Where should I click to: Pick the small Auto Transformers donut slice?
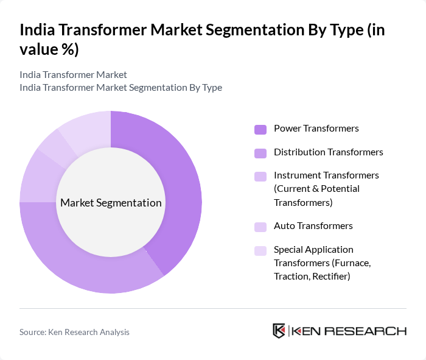(54, 146)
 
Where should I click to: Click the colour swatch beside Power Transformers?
(260, 129)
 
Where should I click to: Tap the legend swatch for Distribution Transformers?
(260, 152)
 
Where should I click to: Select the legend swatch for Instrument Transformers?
(260, 176)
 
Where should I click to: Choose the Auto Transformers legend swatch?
(260, 227)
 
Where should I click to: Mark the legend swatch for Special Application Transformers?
(260, 250)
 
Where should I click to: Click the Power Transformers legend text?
(316, 129)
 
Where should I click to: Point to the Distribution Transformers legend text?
(328, 152)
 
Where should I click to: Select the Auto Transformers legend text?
(313, 226)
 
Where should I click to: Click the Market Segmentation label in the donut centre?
(111, 203)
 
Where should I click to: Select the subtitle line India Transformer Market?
(73, 74)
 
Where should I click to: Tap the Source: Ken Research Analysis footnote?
(74, 332)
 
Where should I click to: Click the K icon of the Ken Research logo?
(279, 331)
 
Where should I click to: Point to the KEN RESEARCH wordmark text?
(349, 331)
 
